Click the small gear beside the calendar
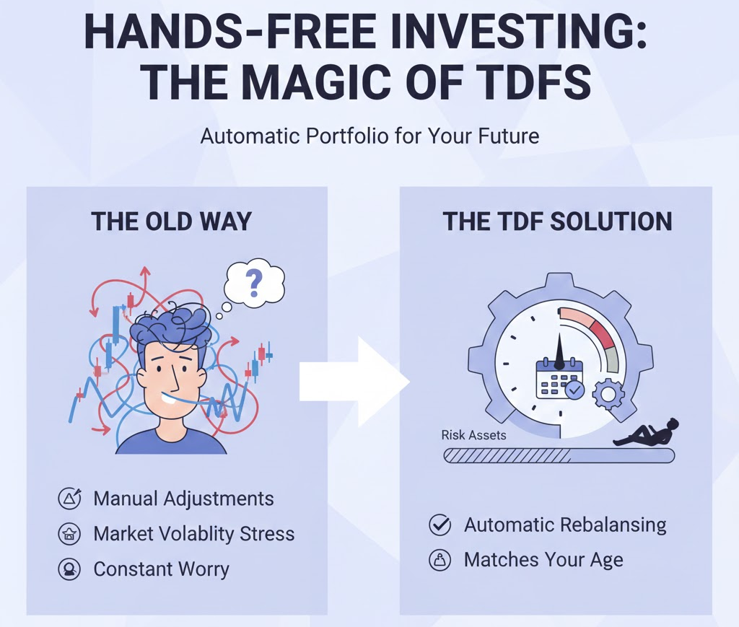[x=608, y=393]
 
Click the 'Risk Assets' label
[x=473, y=435]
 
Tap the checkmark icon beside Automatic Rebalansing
[x=440, y=525]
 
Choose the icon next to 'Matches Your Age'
[x=440, y=560]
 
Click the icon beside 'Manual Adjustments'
[x=69, y=499]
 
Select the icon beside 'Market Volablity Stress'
[x=69, y=534]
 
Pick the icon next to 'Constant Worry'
[x=69, y=569]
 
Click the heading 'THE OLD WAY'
[x=171, y=221]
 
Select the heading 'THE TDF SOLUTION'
[x=557, y=221]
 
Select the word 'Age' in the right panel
[x=603, y=560]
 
